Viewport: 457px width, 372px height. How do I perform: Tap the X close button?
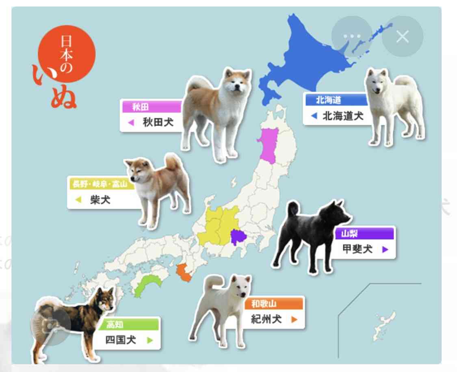click(x=402, y=37)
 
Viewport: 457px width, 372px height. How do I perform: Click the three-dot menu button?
click(x=352, y=36)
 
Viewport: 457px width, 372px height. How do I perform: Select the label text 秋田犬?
click(x=158, y=122)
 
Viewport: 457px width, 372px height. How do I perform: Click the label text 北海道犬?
click(x=342, y=116)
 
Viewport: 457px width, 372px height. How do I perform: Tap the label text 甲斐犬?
click(x=357, y=249)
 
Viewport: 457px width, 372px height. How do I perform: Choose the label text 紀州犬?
click(x=266, y=319)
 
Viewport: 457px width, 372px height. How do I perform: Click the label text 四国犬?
click(x=121, y=340)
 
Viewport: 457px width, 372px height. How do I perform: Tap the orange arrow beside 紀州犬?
click(x=295, y=320)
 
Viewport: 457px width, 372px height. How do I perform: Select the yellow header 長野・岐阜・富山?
click(x=100, y=184)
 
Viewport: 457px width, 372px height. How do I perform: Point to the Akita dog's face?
click(x=237, y=83)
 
